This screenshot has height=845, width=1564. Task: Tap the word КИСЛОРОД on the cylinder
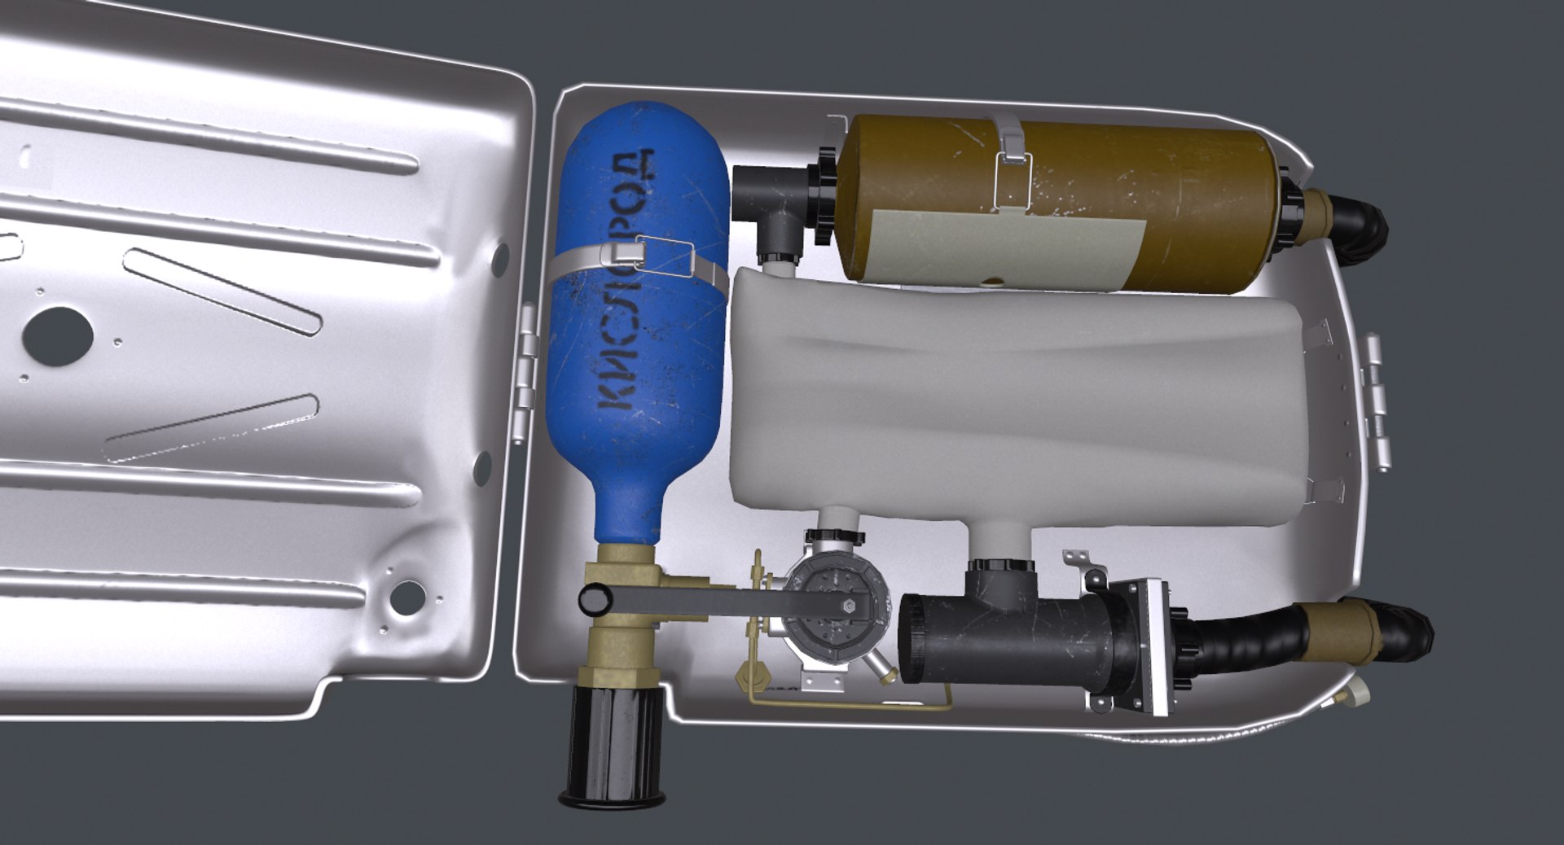point(626,281)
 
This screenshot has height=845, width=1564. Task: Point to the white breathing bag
point(1010,407)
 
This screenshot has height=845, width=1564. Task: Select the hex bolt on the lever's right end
point(847,605)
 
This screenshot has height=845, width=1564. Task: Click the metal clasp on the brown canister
point(1011,159)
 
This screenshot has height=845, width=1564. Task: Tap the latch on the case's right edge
point(1377,399)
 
